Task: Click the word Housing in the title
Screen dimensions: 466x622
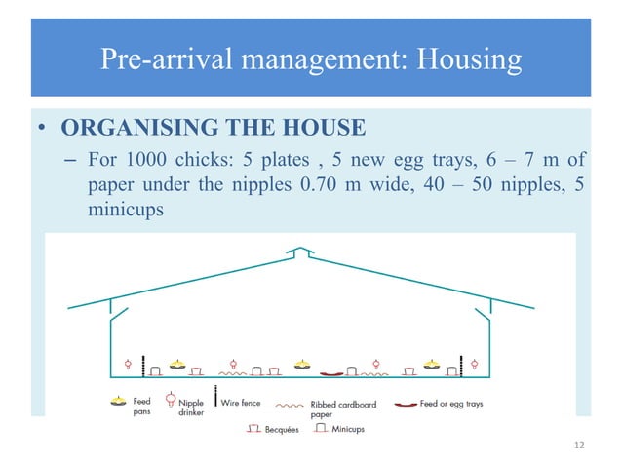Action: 470,60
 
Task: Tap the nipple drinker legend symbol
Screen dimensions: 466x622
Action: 170,400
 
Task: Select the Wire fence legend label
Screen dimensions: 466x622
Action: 245,402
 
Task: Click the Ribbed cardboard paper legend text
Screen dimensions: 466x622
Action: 337,407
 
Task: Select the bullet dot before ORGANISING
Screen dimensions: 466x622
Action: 45,129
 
